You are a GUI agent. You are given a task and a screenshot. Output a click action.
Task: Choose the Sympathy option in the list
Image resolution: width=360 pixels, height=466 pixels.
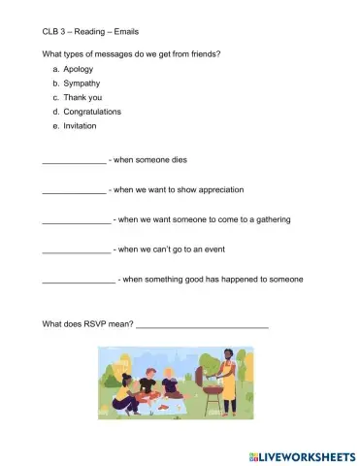click(83, 84)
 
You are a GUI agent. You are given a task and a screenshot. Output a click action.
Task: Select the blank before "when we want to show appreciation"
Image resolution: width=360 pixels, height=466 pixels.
click(74, 191)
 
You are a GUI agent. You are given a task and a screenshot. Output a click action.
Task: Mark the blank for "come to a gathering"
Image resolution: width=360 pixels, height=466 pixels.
click(77, 221)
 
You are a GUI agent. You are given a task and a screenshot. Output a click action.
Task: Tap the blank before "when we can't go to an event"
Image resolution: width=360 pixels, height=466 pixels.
click(77, 251)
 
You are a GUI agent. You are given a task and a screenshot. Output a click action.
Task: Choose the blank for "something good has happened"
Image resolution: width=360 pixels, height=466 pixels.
click(79, 282)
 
